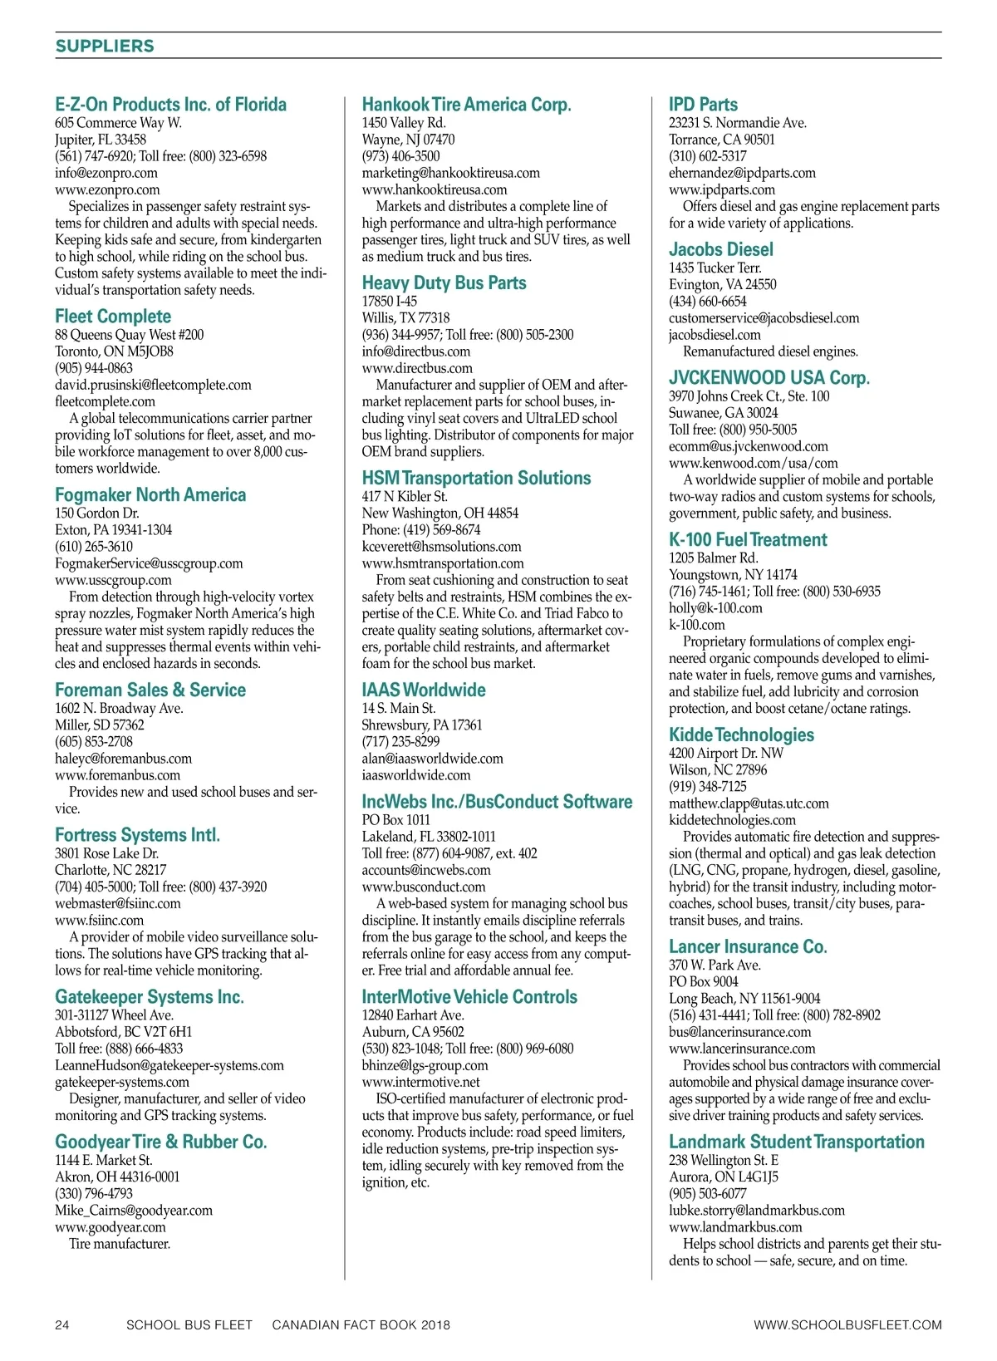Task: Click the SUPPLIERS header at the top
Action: tap(105, 46)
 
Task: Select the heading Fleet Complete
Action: tap(113, 317)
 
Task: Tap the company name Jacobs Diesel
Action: tap(720, 249)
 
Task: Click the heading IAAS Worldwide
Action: tap(423, 690)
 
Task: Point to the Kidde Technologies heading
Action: tap(741, 735)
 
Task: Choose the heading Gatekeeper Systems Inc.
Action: tap(150, 997)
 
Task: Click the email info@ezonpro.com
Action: tap(106, 173)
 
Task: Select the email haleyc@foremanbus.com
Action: tap(123, 759)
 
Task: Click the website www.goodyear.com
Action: tap(111, 1227)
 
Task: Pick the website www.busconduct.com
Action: tap(423, 887)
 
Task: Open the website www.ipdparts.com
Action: tap(721, 189)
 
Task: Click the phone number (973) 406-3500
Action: tap(400, 156)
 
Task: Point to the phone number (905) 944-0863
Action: tap(94, 368)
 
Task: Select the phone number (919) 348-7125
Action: tap(707, 787)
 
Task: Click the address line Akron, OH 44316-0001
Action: tap(117, 1177)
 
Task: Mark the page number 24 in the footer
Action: tap(62, 1324)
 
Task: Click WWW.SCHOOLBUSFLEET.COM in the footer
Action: tap(847, 1324)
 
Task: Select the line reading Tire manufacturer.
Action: tap(120, 1244)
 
